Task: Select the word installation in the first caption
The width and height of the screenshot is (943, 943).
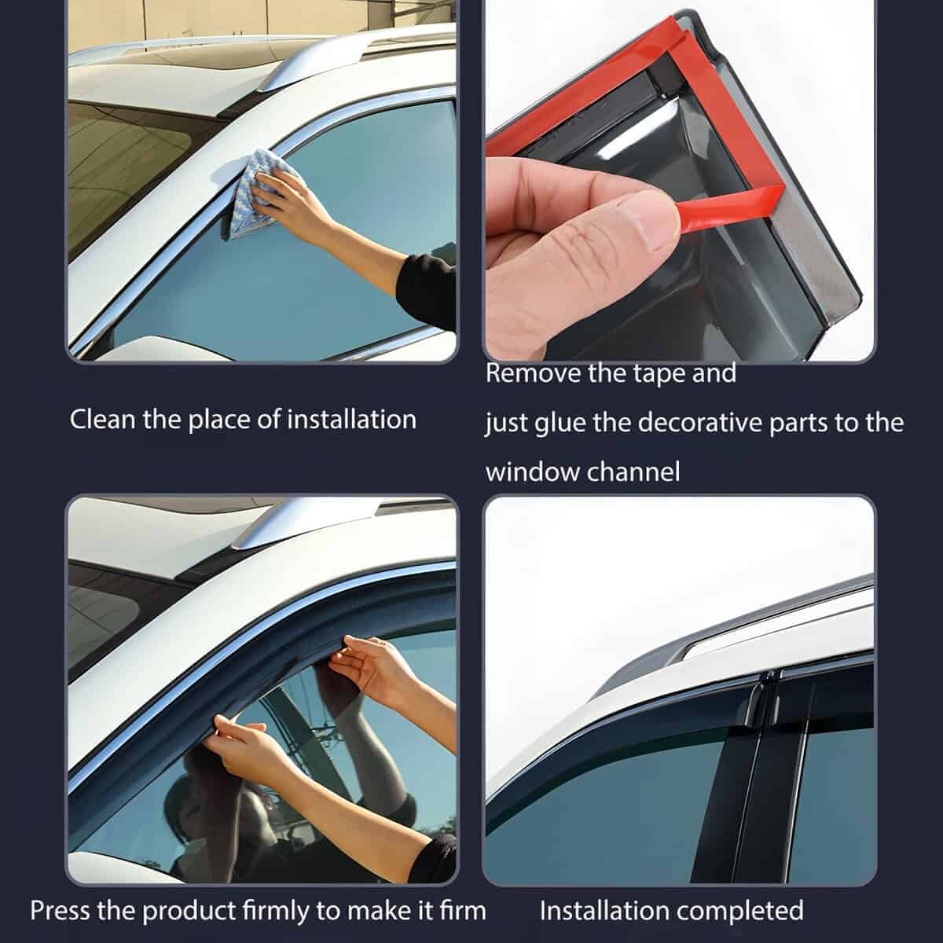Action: coord(351,419)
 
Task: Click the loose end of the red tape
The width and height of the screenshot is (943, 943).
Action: coord(731,203)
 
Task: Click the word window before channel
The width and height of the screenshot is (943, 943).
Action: coord(526,472)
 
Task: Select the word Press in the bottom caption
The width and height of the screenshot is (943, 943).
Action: coord(61,911)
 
